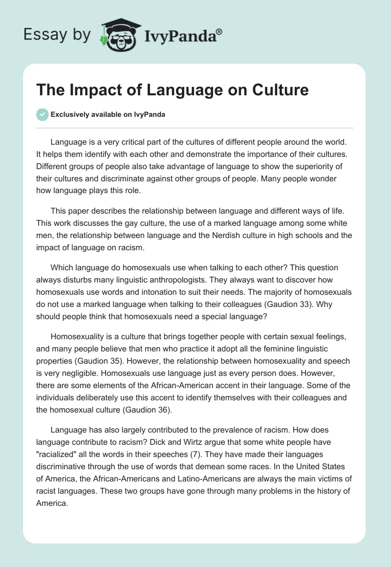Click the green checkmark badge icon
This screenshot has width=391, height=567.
point(42,114)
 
